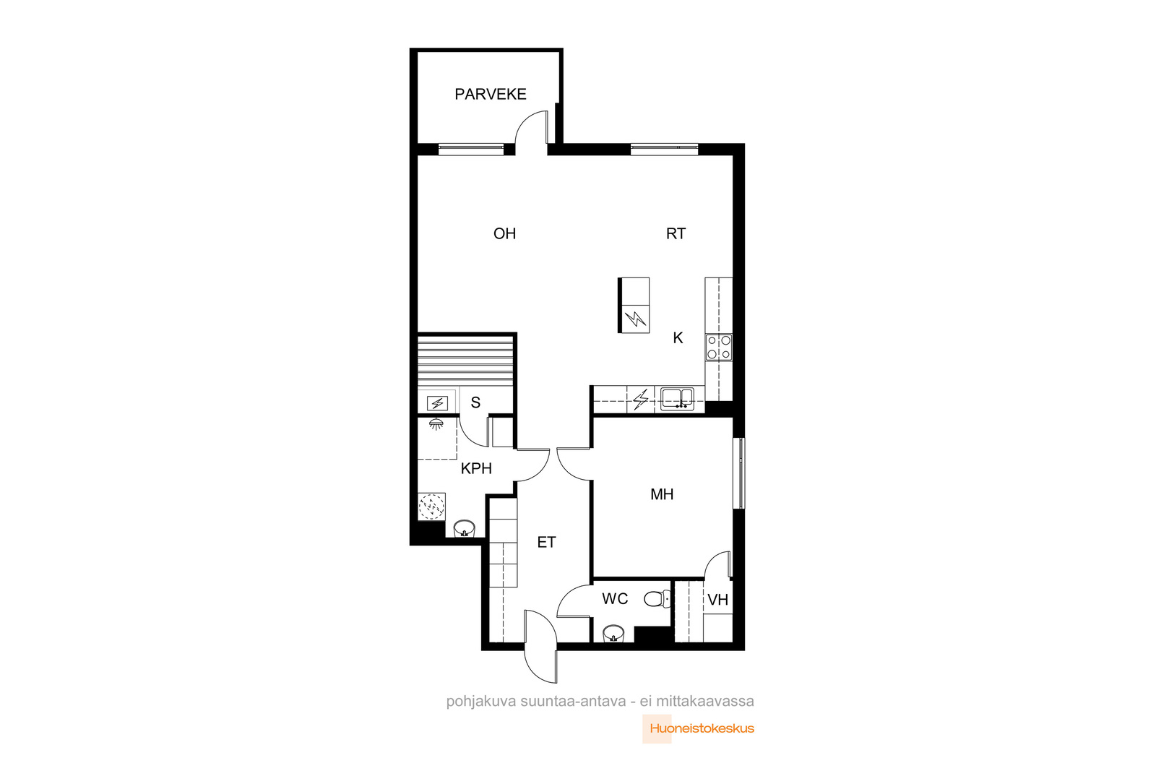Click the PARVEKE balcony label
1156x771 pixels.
491,94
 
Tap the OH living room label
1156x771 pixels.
505,234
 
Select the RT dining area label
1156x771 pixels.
676,234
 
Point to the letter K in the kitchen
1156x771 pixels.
678,338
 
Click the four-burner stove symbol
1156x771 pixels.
719,348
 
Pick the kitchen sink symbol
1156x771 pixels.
678,399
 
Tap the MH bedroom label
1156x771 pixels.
662,494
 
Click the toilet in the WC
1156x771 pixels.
657,599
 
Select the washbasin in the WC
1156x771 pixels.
613,633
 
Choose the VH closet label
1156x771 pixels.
718,600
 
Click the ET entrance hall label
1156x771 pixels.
546,543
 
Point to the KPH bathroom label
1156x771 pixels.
476,468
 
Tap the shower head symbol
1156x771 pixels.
436,424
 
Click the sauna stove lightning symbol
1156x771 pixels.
438,402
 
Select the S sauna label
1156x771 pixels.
476,402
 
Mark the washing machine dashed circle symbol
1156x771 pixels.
431,507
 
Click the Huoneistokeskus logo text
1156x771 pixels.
702,728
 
